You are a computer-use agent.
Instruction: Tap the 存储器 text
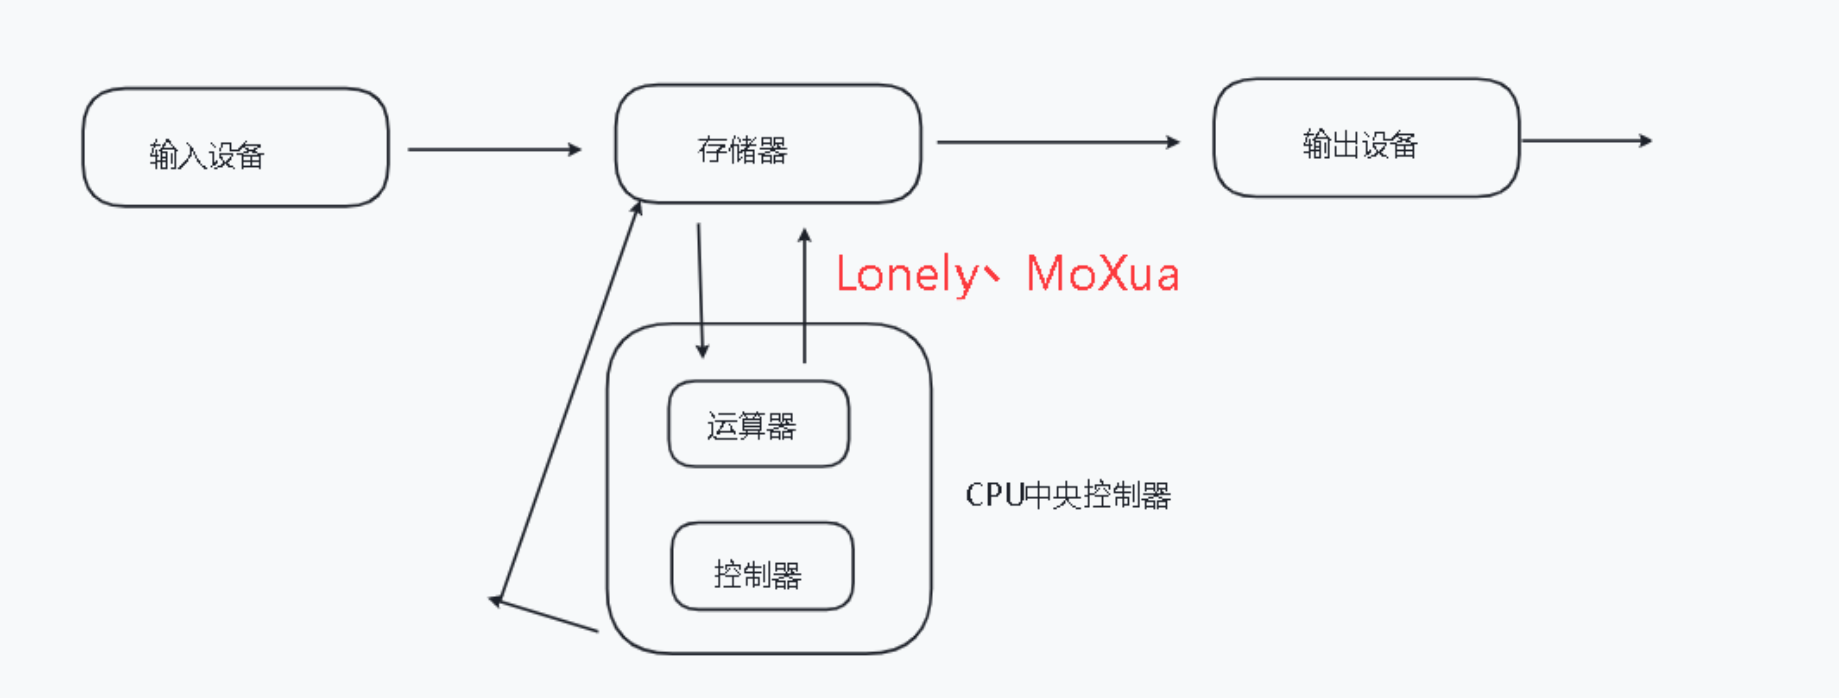click(x=742, y=150)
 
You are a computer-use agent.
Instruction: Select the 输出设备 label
click(x=1360, y=144)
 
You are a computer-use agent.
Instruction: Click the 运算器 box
click(x=758, y=424)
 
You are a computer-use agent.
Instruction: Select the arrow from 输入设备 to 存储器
click(x=494, y=149)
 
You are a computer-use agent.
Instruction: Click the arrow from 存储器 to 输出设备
click(x=1057, y=142)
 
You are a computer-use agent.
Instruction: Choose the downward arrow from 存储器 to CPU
click(x=700, y=289)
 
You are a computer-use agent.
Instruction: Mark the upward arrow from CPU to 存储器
click(x=805, y=296)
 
